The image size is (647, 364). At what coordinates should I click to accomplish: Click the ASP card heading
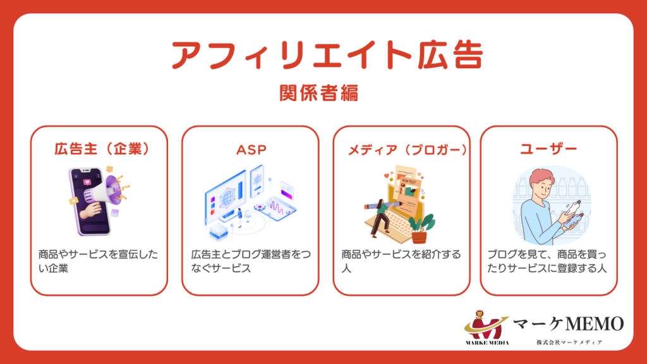[x=251, y=150]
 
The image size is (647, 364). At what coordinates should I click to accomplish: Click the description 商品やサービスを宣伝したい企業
[x=98, y=261]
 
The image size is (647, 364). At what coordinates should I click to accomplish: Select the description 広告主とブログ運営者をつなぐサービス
[x=250, y=261]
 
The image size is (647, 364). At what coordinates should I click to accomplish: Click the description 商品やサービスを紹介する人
[x=401, y=261]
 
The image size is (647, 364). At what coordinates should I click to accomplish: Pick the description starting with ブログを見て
[x=548, y=261]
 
